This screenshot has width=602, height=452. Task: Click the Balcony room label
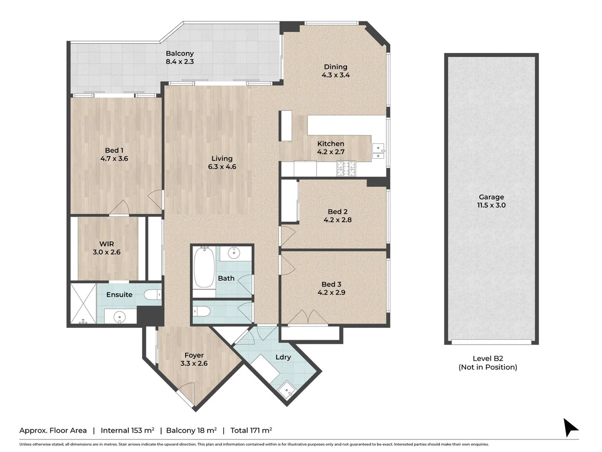[180, 54]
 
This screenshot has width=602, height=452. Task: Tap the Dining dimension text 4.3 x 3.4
[336, 75]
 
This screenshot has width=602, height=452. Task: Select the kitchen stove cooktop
[346, 169]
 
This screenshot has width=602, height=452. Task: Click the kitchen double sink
[378, 152]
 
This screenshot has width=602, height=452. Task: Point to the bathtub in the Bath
[204, 267]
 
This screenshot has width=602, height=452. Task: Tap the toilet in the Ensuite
[153, 295]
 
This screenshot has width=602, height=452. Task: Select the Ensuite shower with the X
[83, 303]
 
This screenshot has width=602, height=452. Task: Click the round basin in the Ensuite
[120, 317]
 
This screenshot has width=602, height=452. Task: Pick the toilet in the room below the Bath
[202, 311]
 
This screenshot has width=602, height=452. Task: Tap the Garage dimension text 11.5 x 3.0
[491, 205]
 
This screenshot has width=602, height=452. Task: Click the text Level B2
[487, 359]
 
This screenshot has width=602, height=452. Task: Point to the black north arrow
[570, 427]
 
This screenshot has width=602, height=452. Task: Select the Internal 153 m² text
[128, 430]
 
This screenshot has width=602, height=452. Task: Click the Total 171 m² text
[251, 430]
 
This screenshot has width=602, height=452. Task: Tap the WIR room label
[107, 244]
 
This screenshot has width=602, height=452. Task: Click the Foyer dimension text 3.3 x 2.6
[194, 364]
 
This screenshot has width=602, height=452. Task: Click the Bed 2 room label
[337, 212]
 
